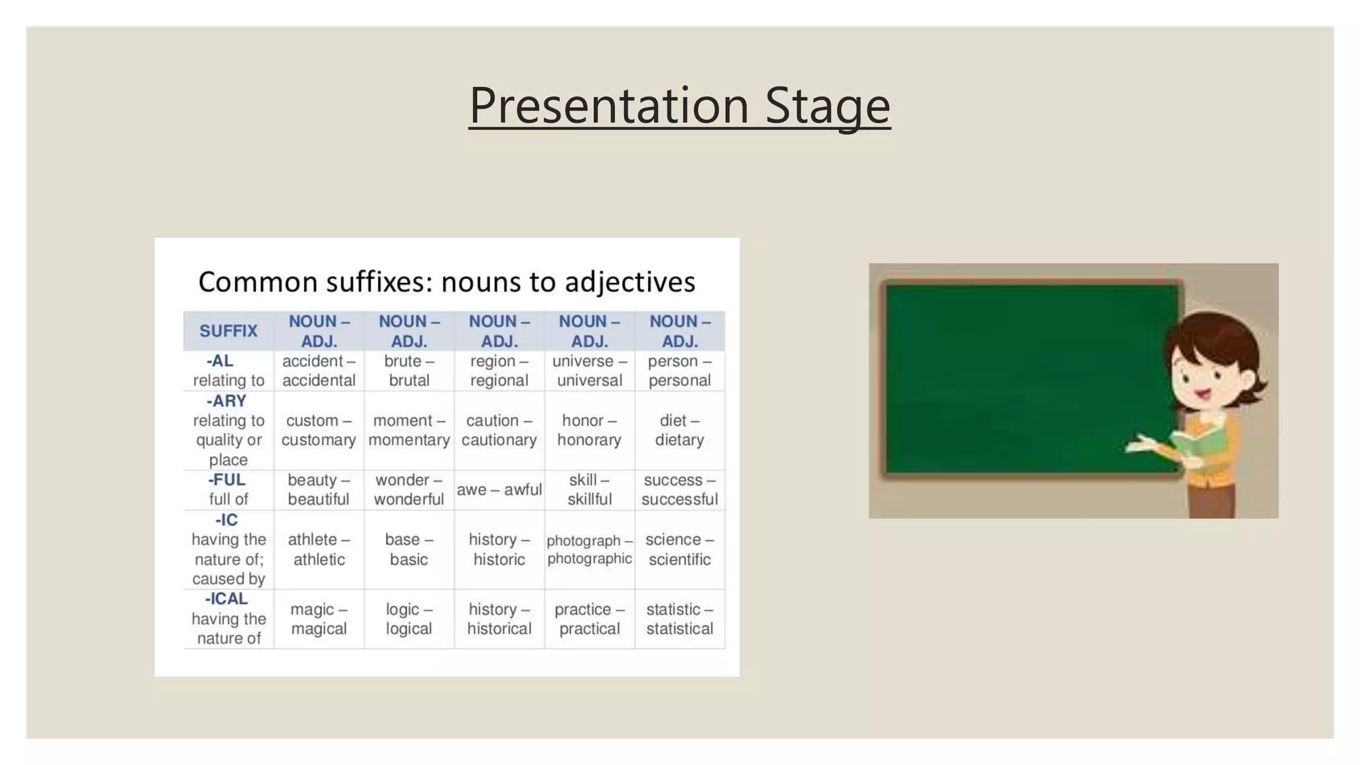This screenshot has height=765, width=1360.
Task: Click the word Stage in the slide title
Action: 827,106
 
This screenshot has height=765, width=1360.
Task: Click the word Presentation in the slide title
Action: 609,106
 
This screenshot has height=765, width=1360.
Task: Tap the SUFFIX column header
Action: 228,331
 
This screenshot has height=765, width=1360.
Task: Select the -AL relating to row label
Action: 228,371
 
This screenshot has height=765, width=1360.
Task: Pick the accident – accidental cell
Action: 319,371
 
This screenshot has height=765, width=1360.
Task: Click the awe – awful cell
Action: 499,490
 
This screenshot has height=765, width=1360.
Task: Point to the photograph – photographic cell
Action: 589,549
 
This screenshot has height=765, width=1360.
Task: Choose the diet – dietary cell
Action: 679,430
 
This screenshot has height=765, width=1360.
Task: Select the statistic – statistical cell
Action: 679,619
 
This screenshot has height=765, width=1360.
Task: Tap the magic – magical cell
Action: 319,619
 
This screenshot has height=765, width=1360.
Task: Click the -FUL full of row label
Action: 228,489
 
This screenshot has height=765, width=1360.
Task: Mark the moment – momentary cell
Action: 409,430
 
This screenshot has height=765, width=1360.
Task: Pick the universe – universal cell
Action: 589,371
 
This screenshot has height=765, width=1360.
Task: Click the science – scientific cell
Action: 679,549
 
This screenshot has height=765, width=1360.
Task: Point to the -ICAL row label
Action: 228,618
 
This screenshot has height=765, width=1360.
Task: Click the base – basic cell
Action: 409,549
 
